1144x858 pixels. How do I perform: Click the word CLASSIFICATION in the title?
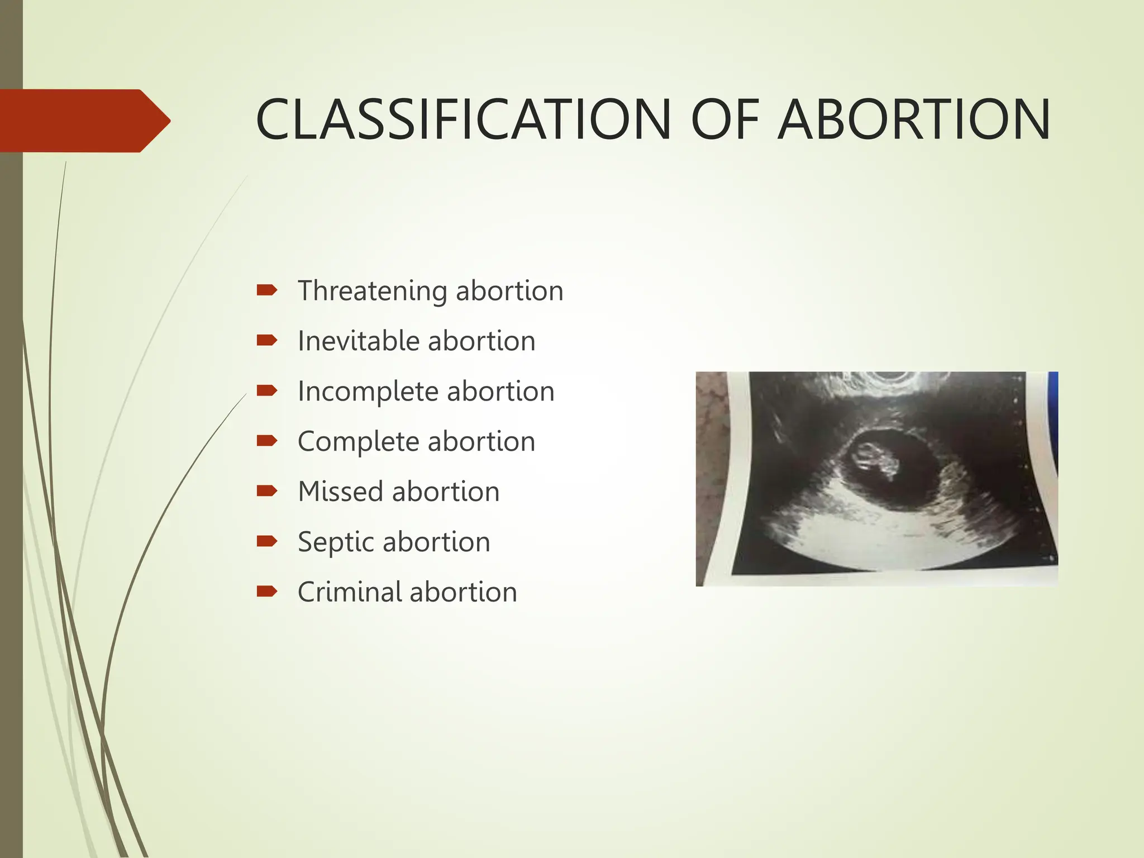click(x=463, y=120)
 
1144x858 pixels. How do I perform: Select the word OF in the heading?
click(x=724, y=120)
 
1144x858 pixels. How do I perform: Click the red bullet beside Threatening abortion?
click(x=266, y=290)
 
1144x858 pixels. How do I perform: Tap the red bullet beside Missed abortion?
click(x=266, y=491)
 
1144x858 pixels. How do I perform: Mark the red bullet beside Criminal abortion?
click(x=266, y=592)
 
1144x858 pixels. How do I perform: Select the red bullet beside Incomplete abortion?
click(x=266, y=390)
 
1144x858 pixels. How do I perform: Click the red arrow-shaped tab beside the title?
click(x=84, y=121)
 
